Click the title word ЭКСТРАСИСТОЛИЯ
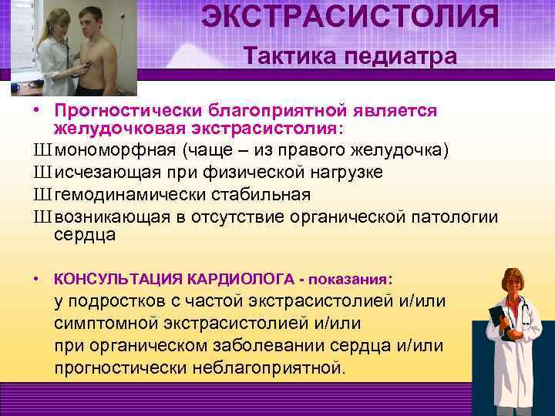pyautogui.click(x=350, y=17)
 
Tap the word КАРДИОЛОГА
pyautogui.click(x=240, y=277)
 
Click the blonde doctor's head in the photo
pyautogui.click(x=55, y=21)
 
